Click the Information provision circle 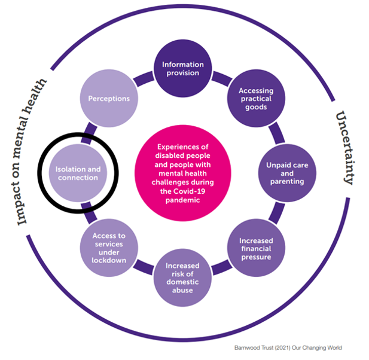click(182, 69)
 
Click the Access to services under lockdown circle click(108, 245)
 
